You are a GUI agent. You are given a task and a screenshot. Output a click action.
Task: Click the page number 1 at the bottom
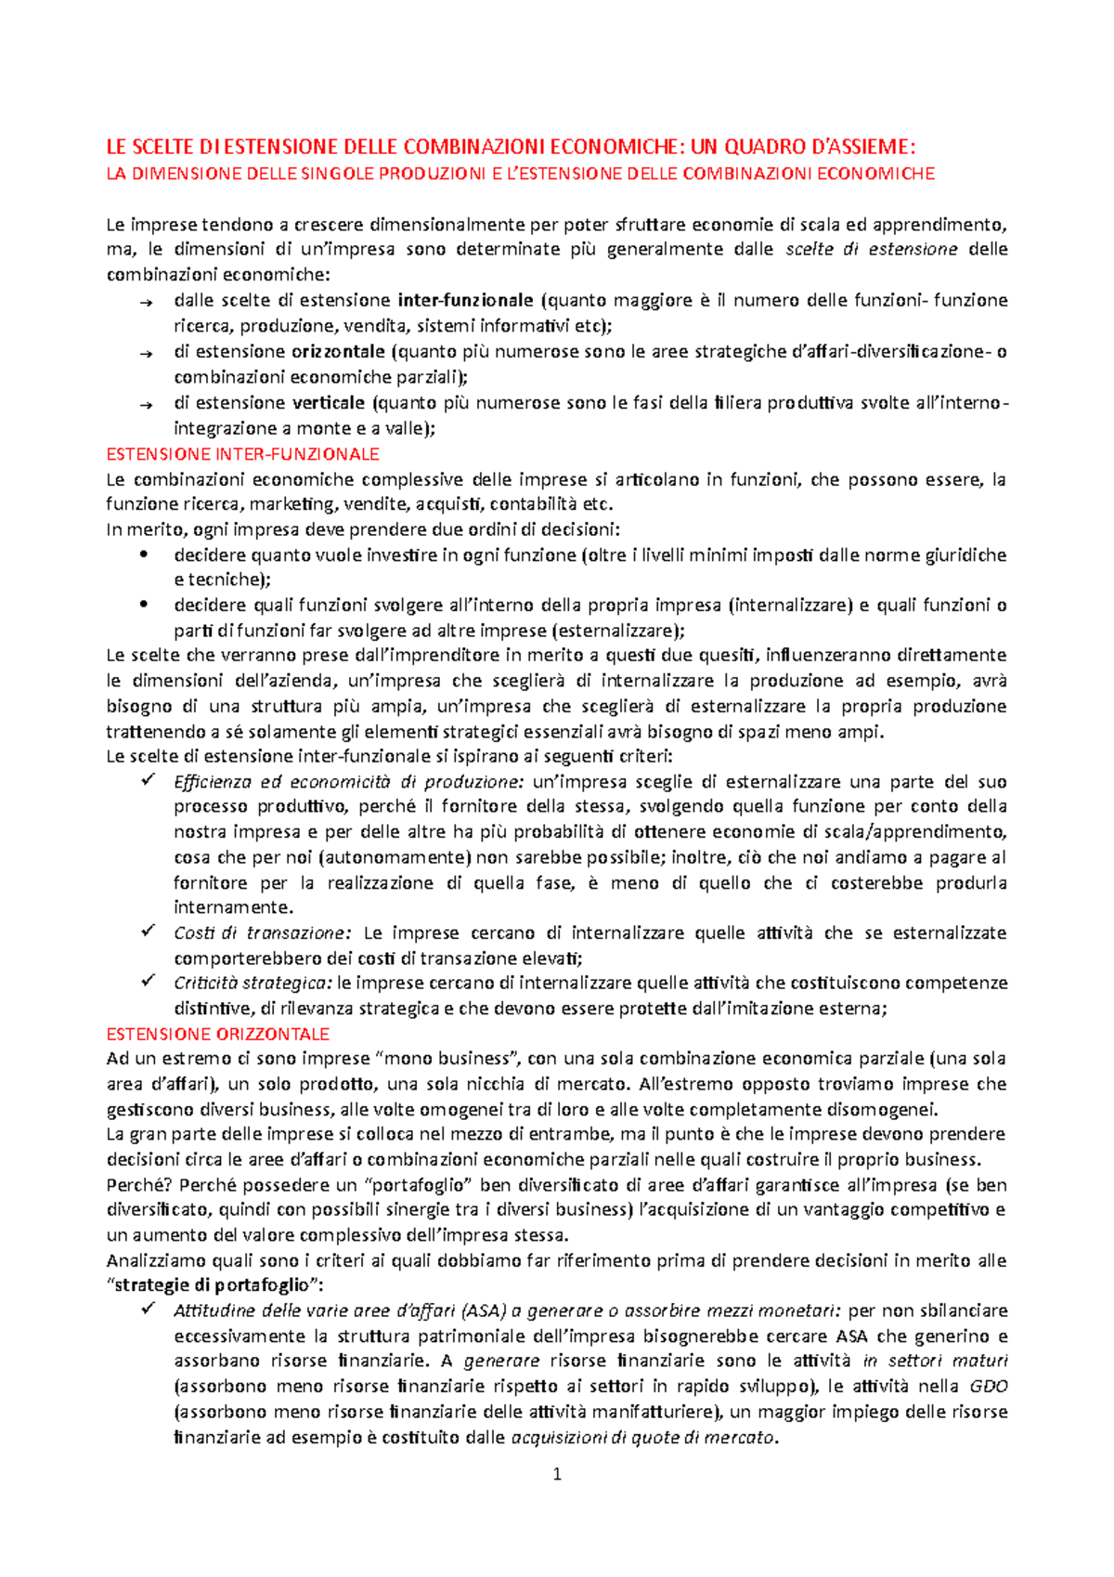[x=557, y=1474]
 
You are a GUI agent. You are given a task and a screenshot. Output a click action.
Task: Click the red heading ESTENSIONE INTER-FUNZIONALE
[x=242, y=454]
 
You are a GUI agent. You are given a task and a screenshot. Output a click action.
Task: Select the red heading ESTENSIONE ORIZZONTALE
[x=217, y=1034]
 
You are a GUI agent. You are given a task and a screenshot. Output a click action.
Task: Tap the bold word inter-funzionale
[x=465, y=300]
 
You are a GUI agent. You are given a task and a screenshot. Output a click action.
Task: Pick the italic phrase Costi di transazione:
[x=263, y=932]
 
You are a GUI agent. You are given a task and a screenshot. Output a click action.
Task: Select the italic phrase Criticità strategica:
[x=253, y=983]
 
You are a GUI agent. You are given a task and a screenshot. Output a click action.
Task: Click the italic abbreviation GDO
[x=988, y=1387]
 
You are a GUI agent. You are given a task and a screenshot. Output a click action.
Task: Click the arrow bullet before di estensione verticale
[x=144, y=404]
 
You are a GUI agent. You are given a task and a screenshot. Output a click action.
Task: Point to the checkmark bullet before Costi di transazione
[x=147, y=931]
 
